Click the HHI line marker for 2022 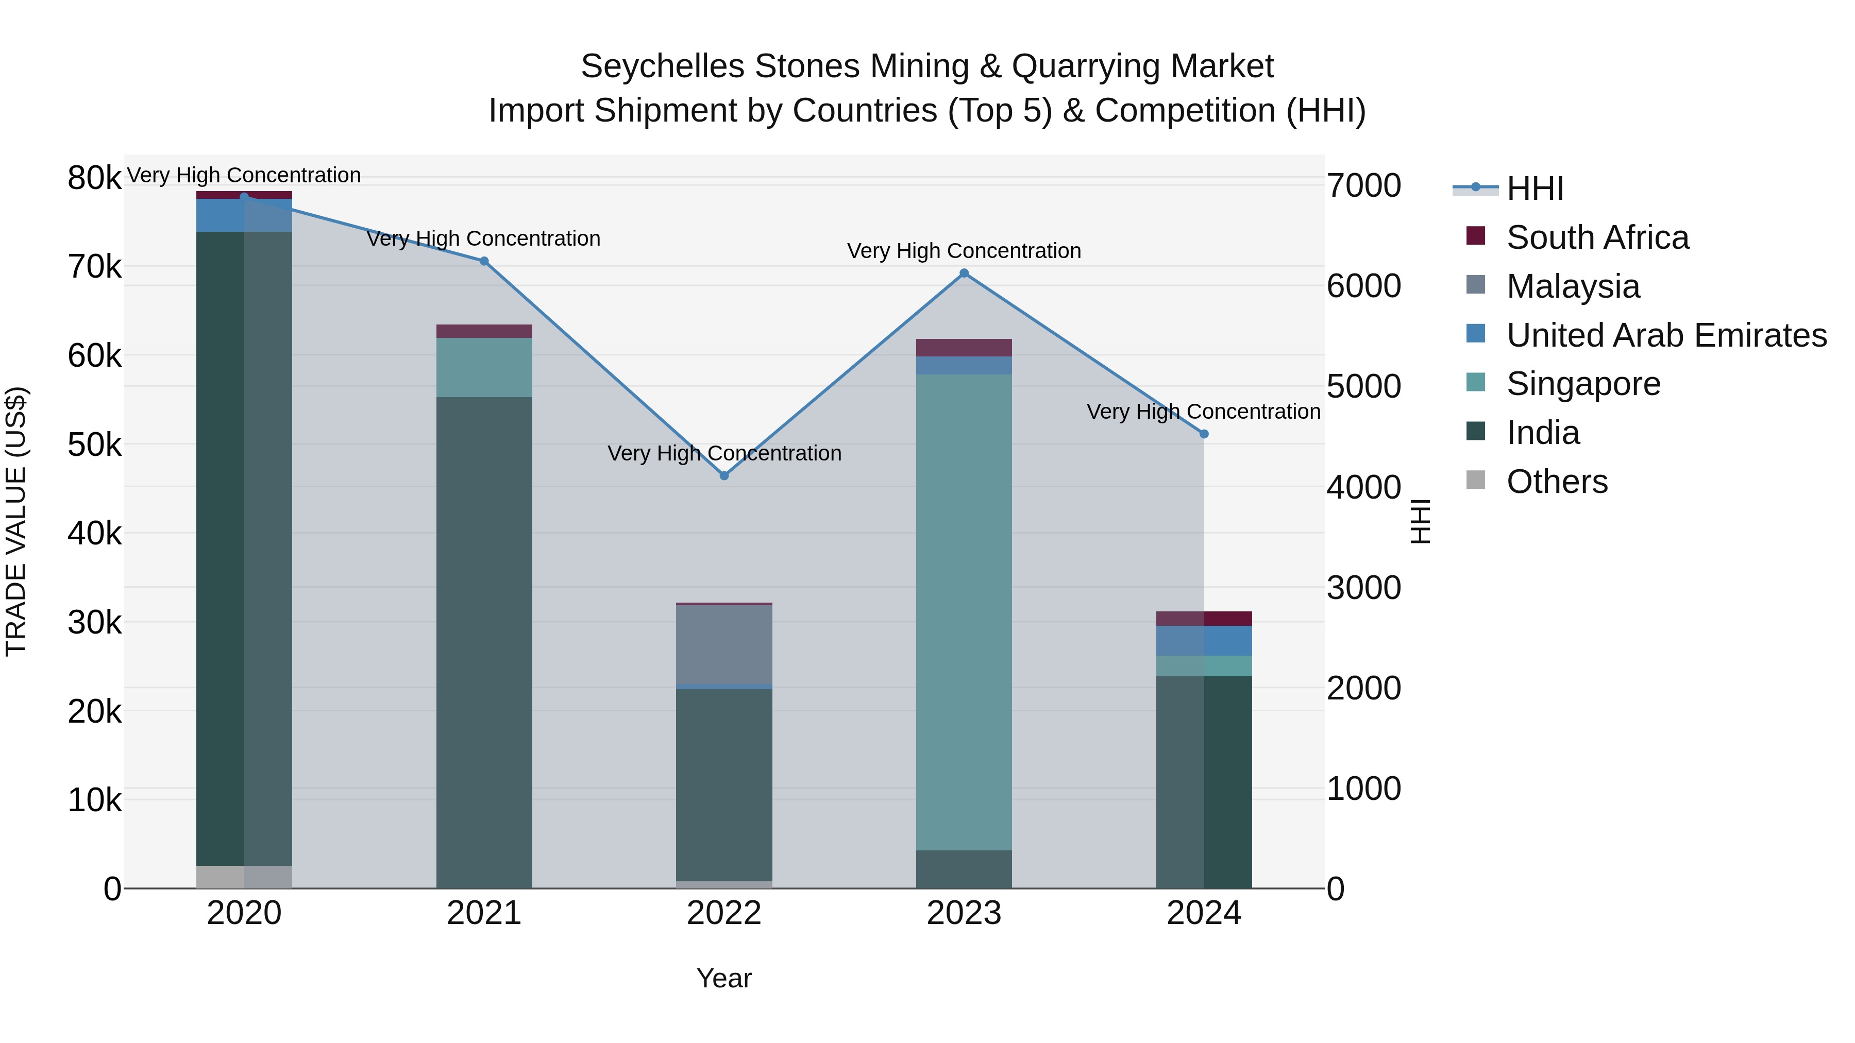[x=724, y=476]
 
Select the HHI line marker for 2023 [x=964, y=273]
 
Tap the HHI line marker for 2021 [x=484, y=261]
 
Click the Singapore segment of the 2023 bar [x=964, y=612]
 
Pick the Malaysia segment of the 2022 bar [x=724, y=644]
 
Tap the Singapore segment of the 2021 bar [x=484, y=367]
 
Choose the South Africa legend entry [x=1597, y=237]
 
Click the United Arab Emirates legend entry [x=1666, y=335]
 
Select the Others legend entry [x=1557, y=482]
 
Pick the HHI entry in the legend [x=1534, y=189]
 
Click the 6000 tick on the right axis [x=1363, y=286]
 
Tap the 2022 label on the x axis [x=724, y=913]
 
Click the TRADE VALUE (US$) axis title [x=16, y=521]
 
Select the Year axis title [x=724, y=978]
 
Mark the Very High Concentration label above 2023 [x=964, y=251]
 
